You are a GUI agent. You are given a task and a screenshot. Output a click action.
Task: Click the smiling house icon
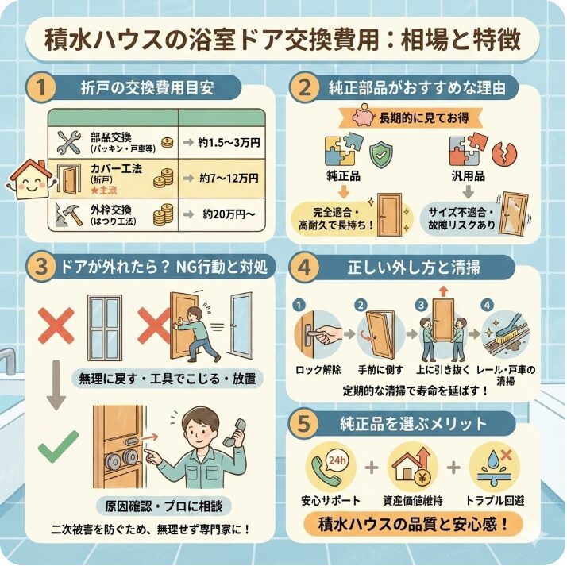[x=28, y=177]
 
